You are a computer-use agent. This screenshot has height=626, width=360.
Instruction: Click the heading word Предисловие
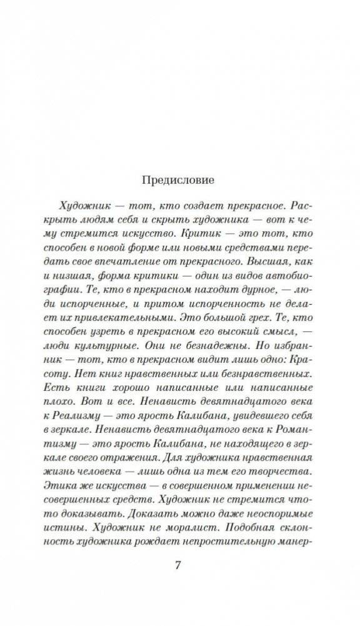[179, 180]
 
